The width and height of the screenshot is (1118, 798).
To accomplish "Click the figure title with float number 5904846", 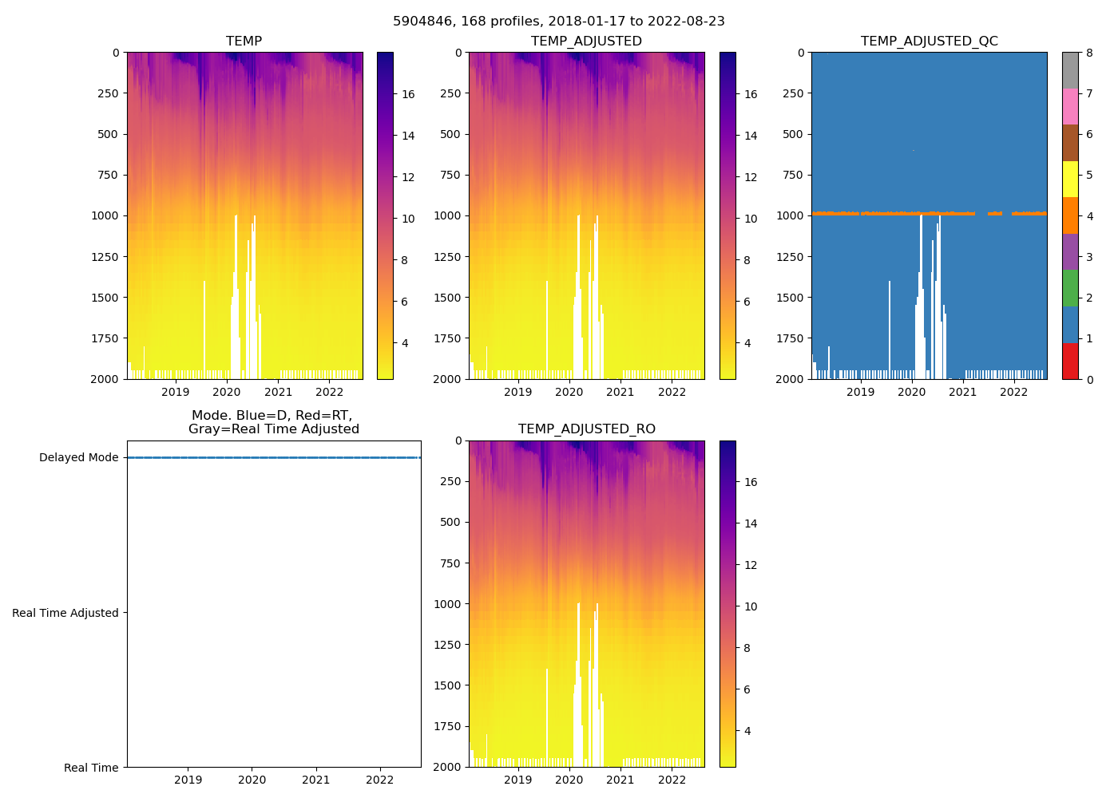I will [x=559, y=22].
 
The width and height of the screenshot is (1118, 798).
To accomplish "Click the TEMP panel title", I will [x=244, y=41].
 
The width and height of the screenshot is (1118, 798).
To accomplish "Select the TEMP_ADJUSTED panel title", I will [x=586, y=41].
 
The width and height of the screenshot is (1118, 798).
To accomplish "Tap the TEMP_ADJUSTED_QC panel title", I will [x=929, y=41].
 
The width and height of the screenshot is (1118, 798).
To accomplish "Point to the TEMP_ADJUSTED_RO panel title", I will [x=586, y=429].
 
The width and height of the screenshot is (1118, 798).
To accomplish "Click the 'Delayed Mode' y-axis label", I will [x=78, y=458].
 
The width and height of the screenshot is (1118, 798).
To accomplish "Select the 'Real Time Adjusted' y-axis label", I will [x=65, y=613].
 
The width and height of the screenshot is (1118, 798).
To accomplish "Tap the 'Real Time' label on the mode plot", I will [x=91, y=768].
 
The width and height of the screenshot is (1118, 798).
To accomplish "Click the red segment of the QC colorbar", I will [x=1070, y=361].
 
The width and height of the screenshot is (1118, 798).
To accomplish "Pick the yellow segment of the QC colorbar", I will [x=1070, y=179].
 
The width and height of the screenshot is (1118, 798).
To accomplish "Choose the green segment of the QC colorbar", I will [x=1070, y=288].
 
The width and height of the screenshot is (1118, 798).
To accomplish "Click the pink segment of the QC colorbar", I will [x=1070, y=106].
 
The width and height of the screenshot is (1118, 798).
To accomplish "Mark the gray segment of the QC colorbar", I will [x=1070, y=70].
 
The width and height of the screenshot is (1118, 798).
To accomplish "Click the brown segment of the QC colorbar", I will [x=1070, y=143].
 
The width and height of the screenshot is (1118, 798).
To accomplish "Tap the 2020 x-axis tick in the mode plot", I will [x=252, y=780].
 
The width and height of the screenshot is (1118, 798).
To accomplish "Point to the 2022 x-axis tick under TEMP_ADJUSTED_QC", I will [x=1014, y=392].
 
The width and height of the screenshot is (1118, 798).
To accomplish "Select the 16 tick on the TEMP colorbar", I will [x=408, y=94].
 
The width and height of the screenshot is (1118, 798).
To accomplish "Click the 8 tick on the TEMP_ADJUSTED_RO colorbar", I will [x=747, y=648].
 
